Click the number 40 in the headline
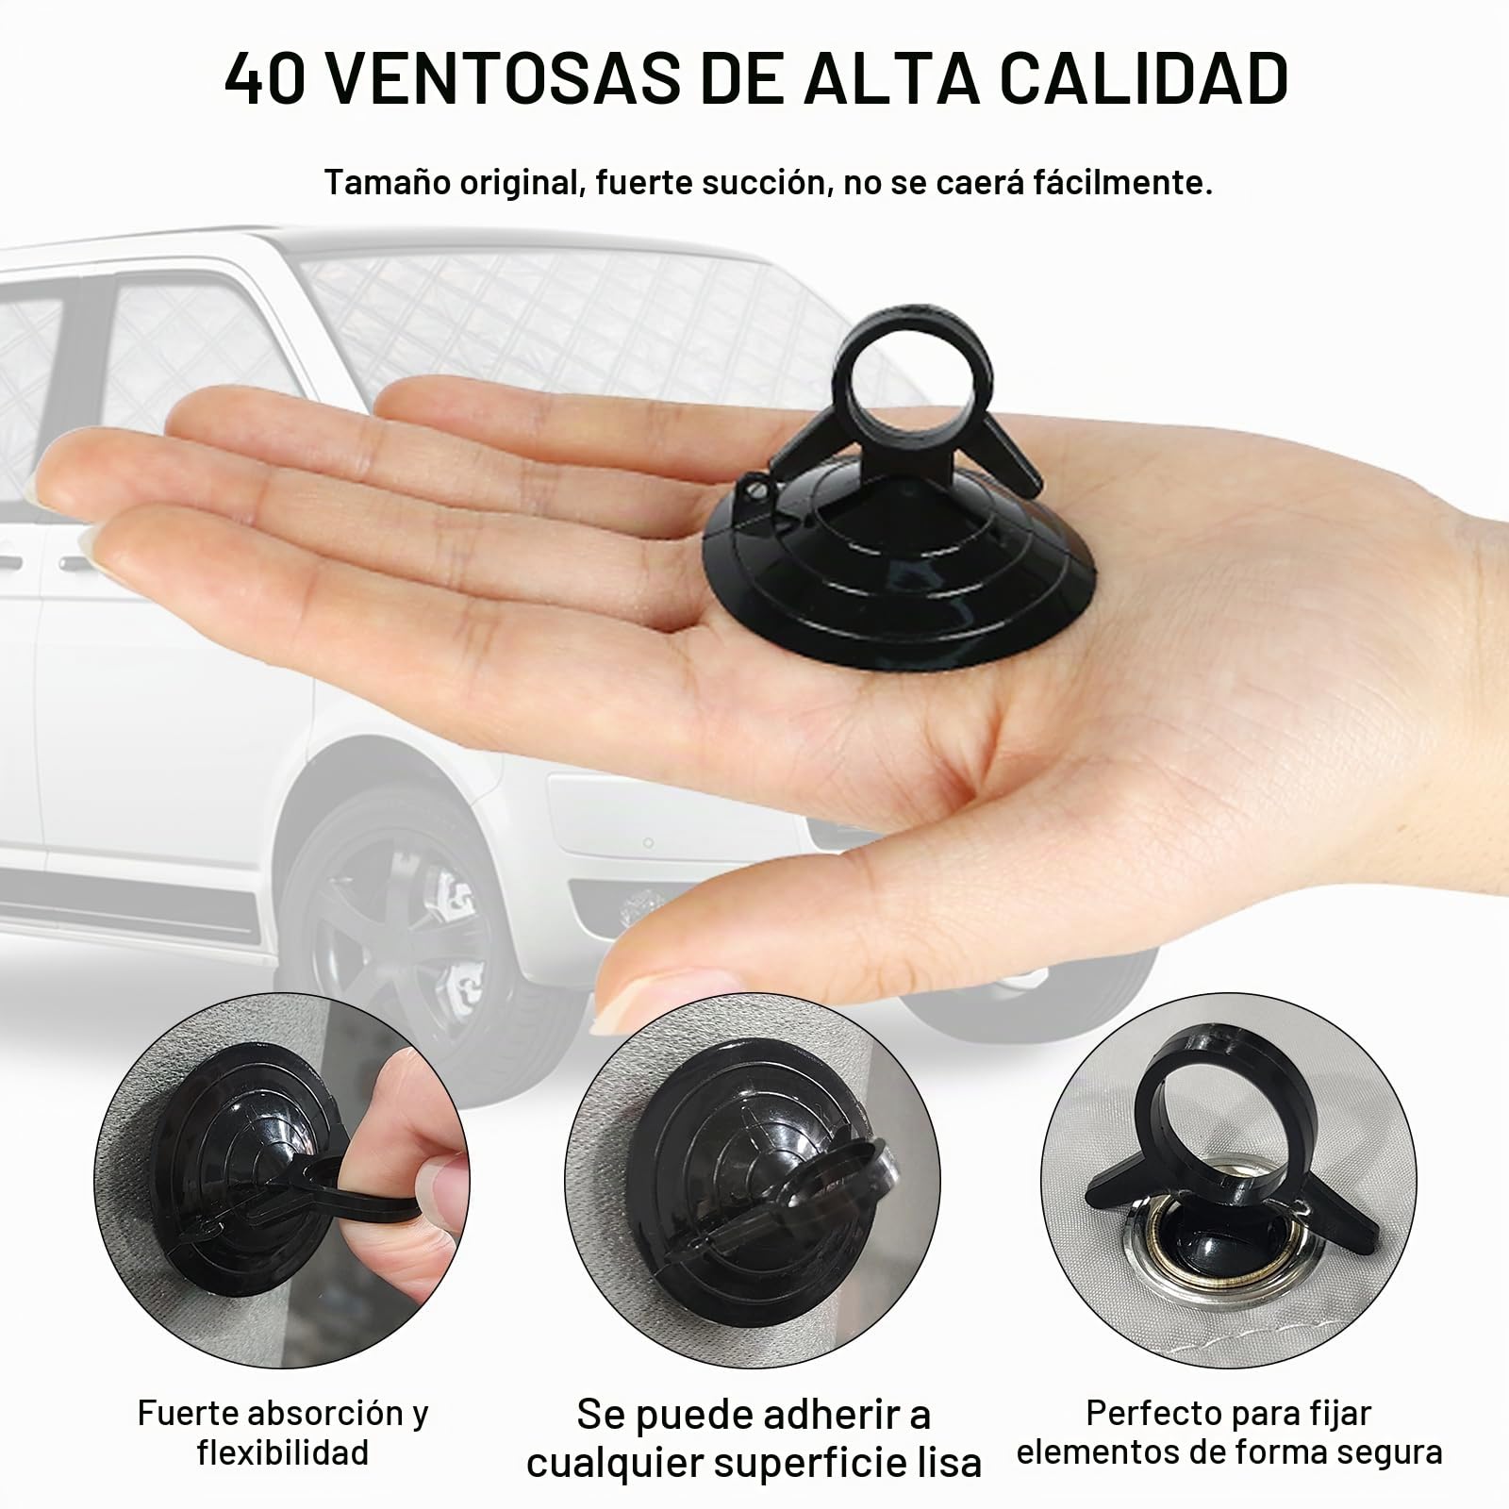pos(265,77)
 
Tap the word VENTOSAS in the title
pos(506,77)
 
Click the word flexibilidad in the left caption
pos(283,1451)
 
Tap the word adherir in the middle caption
pos(822,1415)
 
